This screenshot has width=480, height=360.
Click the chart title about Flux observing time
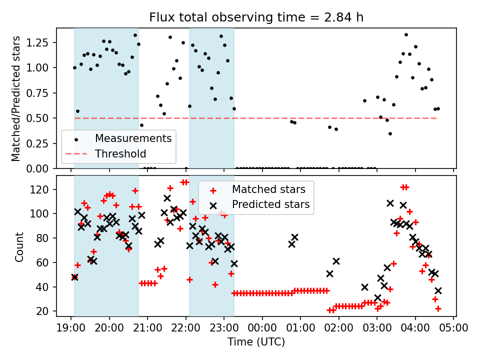coord(256,17)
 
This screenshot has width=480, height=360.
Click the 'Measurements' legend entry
coord(133,138)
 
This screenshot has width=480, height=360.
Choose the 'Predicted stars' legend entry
coord(270,204)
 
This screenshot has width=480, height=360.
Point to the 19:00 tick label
coord(70,328)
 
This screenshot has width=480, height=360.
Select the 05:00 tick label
coord(453,328)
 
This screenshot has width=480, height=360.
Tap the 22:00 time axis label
coord(185,328)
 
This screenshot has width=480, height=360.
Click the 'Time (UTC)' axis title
coord(256,342)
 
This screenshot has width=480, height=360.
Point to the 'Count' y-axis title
coord(19,247)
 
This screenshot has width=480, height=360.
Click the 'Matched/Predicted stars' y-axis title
coord(16,98)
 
